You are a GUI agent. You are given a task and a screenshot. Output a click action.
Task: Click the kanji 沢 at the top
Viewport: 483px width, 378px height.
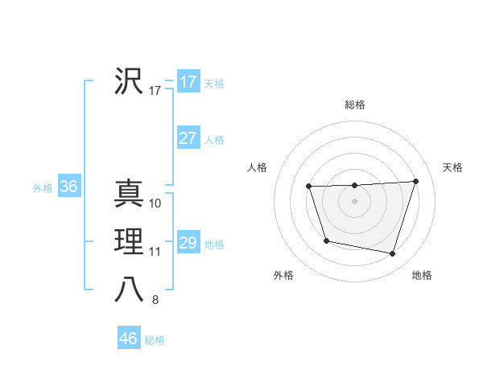[x=129, y=81]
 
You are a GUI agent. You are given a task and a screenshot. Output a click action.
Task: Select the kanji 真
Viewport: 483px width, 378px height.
[x=129, y=195]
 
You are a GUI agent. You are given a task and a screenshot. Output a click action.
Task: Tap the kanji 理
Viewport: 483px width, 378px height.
[x=129, y=241]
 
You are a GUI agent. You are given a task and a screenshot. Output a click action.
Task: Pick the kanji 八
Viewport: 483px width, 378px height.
[x=129, y=290]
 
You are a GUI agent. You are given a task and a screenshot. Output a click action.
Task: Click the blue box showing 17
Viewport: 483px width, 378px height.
[x=188, y=82]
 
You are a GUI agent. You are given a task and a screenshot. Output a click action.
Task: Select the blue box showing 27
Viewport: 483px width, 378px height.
[x=188, y=138]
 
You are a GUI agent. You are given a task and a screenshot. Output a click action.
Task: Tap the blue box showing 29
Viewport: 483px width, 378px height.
[x=188, y=243]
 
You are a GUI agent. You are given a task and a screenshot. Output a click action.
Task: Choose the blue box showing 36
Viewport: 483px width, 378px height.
[x=68, y=187]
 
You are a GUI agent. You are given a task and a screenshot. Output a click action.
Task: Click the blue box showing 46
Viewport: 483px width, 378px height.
[x=128, y=339]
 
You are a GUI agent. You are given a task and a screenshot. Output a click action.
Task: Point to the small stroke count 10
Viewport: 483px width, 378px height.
[x=155, y=203]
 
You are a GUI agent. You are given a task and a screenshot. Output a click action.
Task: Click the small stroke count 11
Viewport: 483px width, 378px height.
[x=155, y=252]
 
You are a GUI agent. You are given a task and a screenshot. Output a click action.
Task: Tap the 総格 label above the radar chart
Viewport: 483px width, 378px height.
[x=355, y=105]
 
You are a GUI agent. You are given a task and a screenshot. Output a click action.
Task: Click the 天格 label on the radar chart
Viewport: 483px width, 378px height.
[x=452, y=167]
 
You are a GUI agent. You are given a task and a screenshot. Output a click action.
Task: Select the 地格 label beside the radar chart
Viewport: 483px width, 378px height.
[x=422, y=276]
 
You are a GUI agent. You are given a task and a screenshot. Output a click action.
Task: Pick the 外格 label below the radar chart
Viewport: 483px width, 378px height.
[x=283, y=276]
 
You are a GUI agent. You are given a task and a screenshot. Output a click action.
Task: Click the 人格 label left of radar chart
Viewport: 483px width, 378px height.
[x=257, y=167]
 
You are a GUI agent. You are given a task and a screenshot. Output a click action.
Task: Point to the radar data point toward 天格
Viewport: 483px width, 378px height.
[x=415, y=181]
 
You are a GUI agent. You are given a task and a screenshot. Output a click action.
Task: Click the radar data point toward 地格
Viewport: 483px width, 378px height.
[x=393, y=254]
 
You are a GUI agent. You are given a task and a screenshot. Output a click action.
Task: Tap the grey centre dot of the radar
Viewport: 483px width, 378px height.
[x=355, y=201]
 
